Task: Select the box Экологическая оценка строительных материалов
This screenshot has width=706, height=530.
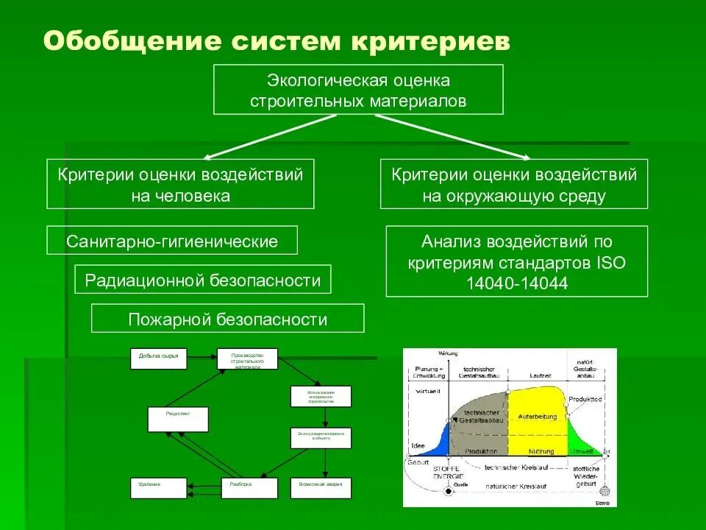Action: [x=358, y=89]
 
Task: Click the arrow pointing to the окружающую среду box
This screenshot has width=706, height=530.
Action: [x=456, y=136]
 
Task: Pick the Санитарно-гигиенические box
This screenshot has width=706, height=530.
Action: [x=172, y=241]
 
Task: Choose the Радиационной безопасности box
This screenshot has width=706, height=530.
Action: [x=203, y=280]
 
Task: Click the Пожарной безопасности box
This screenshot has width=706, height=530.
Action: [x=227, y=319]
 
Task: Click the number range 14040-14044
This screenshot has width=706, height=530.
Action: [x=516, y=283]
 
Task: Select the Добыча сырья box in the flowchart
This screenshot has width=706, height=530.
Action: [x=159, y=358]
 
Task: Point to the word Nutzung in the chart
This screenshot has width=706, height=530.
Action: [x=541, y=451]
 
